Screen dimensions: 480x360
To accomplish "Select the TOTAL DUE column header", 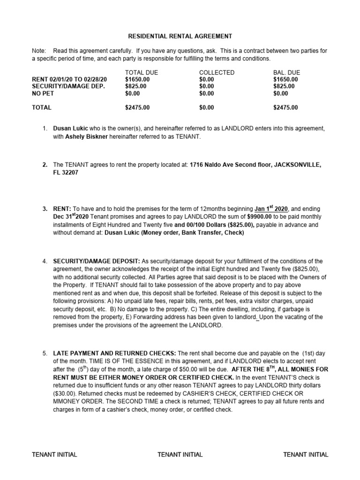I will point(142,73).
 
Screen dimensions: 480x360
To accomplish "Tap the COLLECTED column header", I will point(217,73).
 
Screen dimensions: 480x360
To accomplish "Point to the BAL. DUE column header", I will point(286,73).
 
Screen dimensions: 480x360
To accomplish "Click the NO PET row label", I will point(43,93).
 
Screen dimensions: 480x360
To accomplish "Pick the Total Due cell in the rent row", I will point(137,80).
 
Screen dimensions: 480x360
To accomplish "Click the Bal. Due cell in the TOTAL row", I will point(285,107).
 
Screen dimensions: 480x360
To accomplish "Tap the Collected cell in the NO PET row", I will point(206,93).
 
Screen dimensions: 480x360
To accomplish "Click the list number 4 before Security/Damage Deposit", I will point(45,261).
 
